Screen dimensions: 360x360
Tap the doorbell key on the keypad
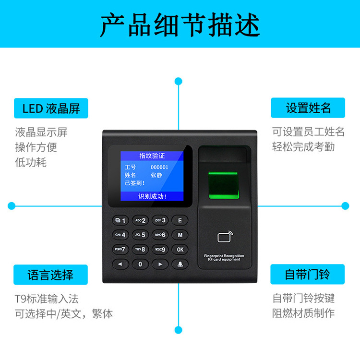point(180,264)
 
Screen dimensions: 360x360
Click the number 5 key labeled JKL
point(140,235)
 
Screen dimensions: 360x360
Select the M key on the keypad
point(180,235)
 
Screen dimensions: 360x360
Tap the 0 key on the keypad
point(140,264)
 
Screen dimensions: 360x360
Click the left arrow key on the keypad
point(120,264)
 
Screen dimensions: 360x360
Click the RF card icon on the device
point(224,237)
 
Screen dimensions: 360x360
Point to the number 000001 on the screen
point(159,167)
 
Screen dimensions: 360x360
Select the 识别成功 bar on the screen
point(152,196)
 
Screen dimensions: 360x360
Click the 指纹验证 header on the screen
point(152,156)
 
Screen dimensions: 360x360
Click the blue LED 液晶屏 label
point(51,108)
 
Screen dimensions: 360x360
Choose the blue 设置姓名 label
point(308,108)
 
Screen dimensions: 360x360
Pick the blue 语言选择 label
point(51,275)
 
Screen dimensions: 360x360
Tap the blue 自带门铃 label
point(308,275)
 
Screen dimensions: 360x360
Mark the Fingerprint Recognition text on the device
point(224,256)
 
